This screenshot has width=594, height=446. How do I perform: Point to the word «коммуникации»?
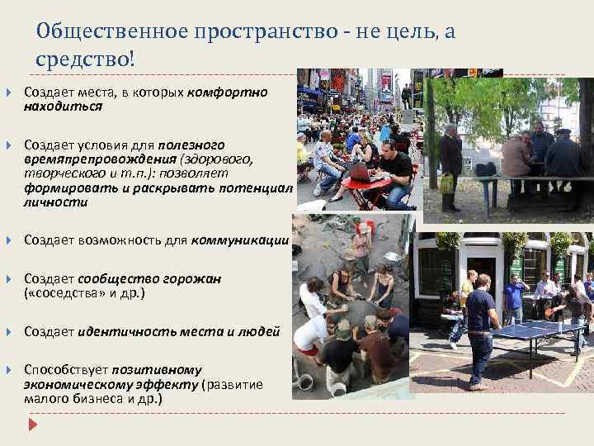[x=240, y=240]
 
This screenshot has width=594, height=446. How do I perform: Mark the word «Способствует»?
[x=60, y=369]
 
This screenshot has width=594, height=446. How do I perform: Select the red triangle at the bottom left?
[x=33, y=425]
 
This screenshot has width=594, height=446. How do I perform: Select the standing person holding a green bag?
[x=450, y=165]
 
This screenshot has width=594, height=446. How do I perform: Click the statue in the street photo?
[x=407, y=96]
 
